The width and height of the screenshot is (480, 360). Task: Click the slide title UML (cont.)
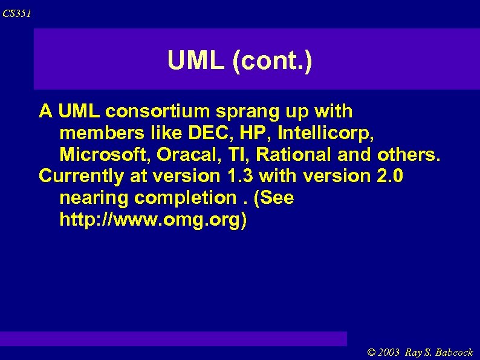tap(239, 61)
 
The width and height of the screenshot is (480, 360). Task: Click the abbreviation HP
tap(259, 133)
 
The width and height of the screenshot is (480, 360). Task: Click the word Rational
tap(294, 155)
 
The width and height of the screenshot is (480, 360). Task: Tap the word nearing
tap(94, 198)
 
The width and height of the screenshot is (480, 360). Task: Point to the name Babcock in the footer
tap(453, 352)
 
